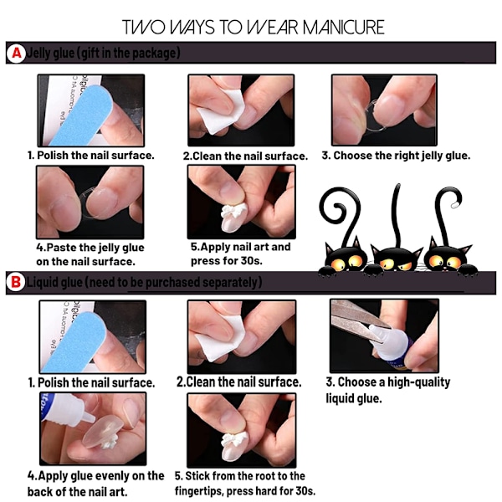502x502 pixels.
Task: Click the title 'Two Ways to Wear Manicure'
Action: pyautogui.click(x=253, y=28)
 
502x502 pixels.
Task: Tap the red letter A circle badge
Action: pyautogui.click(x=16, y=54)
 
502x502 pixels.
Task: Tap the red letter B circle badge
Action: pyautogui.click(x=15, y=283)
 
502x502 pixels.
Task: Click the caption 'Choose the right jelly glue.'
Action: pyautogui.click(x=396, y=156)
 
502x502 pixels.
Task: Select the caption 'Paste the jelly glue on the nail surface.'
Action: pyautogui.click(x=90, y=254)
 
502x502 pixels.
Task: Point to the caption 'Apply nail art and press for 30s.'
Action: pyautogui.click(x=241, y=254)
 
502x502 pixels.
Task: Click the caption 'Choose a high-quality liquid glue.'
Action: pyautogui.click(x=388, y=390)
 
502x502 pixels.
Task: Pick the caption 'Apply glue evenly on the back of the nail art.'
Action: pyautogui.click(x=95, y=484)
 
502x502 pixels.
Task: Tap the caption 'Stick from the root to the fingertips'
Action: pyautogui.click(x=245, y=484)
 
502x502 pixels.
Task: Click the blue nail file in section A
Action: pyautogui.click(x=80, y=116)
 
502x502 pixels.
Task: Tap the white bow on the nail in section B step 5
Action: pyautogui.click(x=234, y=439)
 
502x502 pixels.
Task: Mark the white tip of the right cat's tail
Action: pyautogui.click(x=455, y=204)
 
